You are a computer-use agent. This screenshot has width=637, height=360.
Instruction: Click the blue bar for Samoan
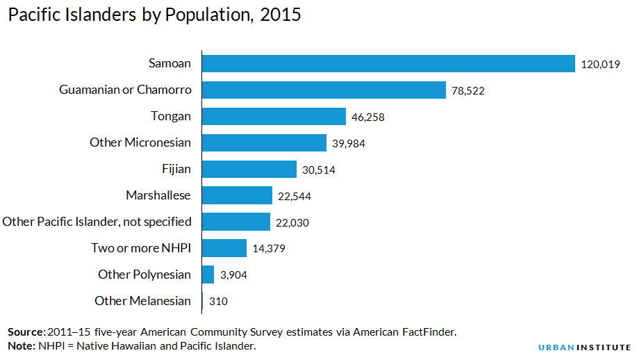tap(388, 64)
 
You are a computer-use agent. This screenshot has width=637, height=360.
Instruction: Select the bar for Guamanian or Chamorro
tap(324, 90)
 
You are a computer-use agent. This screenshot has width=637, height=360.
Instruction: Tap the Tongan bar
tap(274, 117)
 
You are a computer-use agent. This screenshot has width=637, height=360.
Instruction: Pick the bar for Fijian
tap(249, 170)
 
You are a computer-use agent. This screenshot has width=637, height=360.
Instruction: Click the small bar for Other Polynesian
tap(208, 275)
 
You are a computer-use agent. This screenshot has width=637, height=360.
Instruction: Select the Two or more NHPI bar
tap(224, 248)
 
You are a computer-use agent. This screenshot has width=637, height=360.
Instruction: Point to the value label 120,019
tap(600, 65)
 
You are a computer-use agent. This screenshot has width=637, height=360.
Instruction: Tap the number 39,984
tap(349, 144)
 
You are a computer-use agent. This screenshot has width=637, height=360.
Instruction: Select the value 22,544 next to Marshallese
tap(294, 197)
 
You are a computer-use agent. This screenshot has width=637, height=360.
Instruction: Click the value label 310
tap(218, 302)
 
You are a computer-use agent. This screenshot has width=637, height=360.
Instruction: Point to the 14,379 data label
tap(269, 249)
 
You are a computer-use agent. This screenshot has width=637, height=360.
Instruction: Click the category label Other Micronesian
tap(140, 142)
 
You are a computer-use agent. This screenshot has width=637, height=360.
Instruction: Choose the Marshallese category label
tap(158, 195)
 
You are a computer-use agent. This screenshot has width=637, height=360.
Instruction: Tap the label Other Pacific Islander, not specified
tap(97, 222)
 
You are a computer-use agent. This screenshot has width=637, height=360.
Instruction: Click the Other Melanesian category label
tap(142, 301)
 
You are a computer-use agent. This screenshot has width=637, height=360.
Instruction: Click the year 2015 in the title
tap(281, 15)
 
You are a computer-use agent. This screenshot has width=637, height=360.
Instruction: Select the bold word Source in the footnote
tap(26, 332)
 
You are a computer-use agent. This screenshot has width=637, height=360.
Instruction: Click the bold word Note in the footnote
tap(20, 345)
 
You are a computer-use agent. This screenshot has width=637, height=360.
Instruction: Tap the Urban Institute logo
tap(585, 347)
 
